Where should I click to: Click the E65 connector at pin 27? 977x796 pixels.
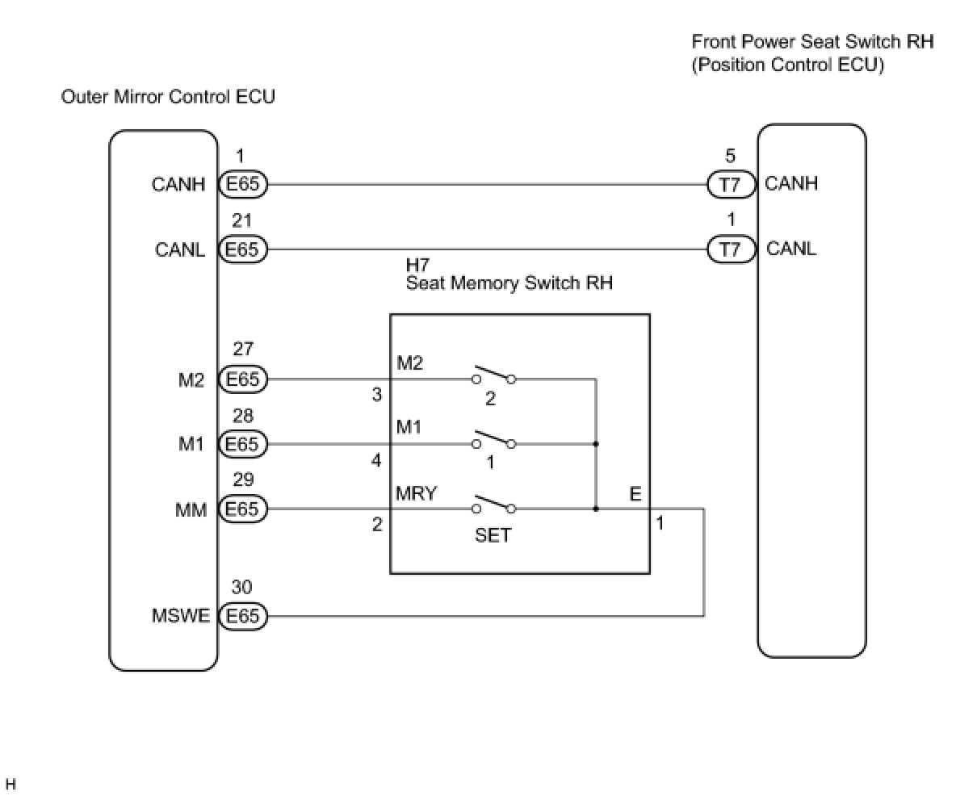pos(242,379)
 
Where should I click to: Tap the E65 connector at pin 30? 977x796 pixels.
pos(242,616)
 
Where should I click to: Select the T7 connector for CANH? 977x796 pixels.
pos(730,184)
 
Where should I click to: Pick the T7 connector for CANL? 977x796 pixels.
pos(730,249)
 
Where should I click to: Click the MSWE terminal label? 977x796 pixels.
pos(180,616)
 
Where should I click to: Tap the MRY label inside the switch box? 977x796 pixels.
pos(416,493)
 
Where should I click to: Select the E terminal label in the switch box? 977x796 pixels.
pos(635,494)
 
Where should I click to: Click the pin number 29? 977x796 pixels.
pos(242,480)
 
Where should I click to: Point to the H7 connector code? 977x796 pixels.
pos(417,266)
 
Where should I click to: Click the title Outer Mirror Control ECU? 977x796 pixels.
pos(168,97)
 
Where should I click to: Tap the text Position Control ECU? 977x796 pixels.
pos(787,65)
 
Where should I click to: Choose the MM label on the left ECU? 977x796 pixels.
pos(191,510)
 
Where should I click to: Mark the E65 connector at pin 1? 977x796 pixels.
pos(242,184)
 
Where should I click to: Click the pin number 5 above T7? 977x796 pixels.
pos(730,157)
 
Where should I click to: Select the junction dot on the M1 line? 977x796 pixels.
pos(596,444)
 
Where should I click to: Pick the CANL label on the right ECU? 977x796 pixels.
pos(791,249)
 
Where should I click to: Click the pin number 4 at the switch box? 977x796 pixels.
pos(376,460)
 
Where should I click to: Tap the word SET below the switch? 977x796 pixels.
pos(493,535)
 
